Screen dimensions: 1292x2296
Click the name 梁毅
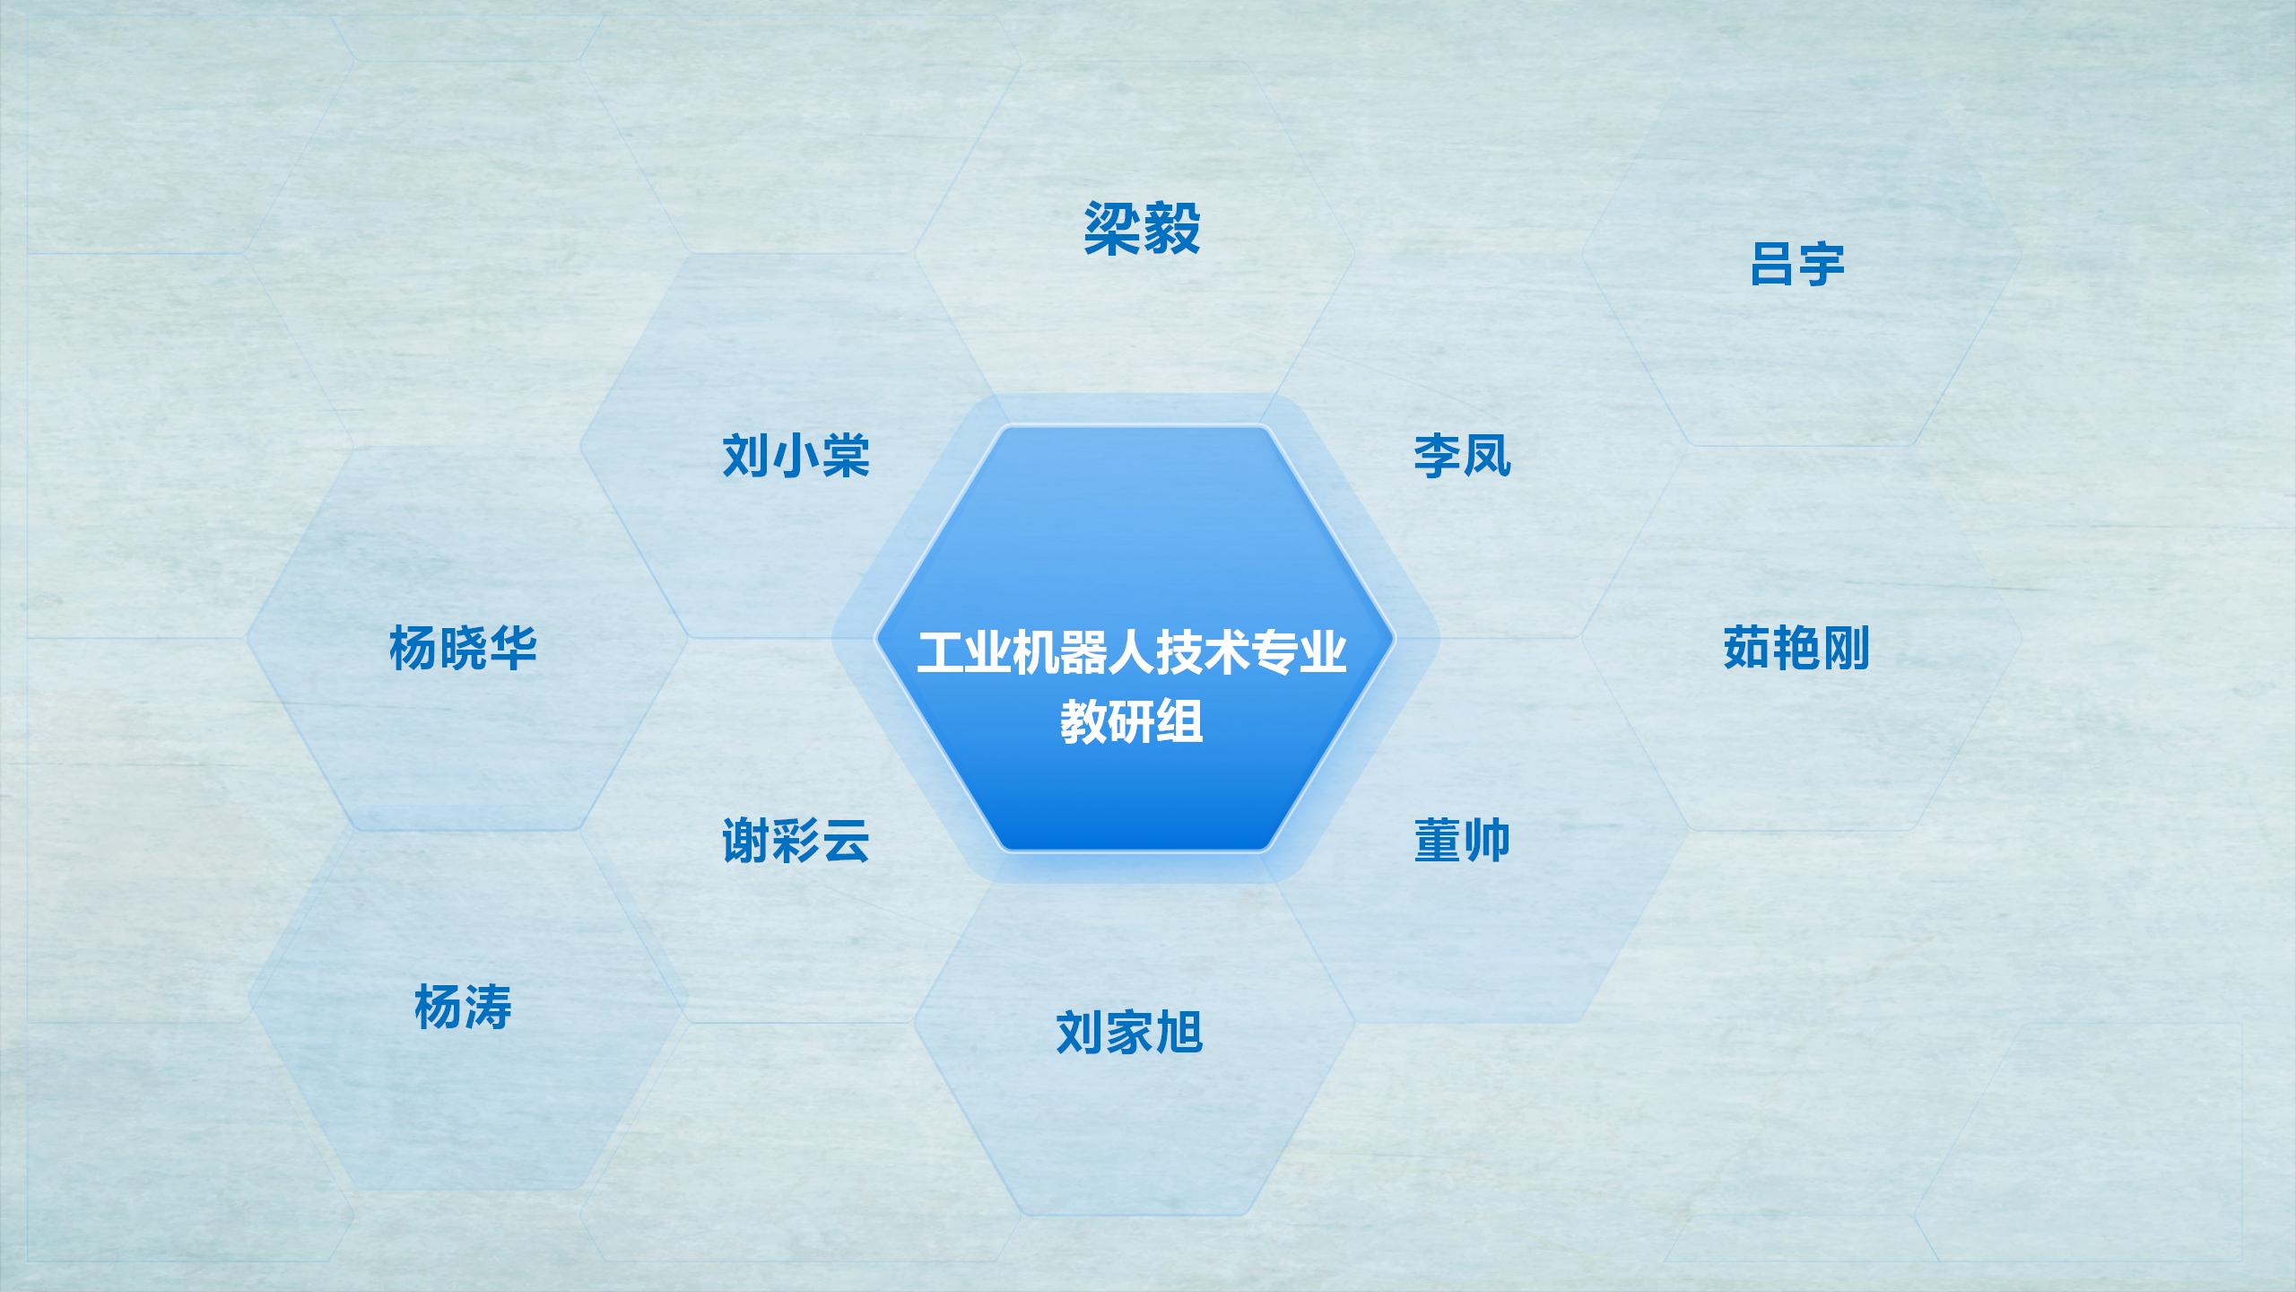[x=1142, y=229]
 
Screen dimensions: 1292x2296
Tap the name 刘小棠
[x=796, y=456]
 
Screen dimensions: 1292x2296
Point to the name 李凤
[x=1462, y=456]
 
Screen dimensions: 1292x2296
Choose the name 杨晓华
[x=463, y=648]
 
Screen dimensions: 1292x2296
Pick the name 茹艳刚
[x=1796, y=648]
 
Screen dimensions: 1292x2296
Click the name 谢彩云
[x=796, y=841]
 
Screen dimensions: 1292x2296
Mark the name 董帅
[x=1462, y=841]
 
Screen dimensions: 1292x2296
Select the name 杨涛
[x=463, y=1007]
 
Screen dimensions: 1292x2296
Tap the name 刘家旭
[x=1129, y=1033]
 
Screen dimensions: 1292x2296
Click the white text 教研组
[x=1131, y=720]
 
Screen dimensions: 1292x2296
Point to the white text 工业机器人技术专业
[x=1131, y=652]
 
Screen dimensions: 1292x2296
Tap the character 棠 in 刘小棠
[x=845, y=456]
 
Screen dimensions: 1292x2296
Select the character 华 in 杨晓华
[x=512, y=648]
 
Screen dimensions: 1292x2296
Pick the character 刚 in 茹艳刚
[x=1845, y=648]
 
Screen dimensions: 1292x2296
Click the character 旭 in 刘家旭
[x=1178, y=1033]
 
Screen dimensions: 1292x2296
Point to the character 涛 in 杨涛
[x=488, y=1007]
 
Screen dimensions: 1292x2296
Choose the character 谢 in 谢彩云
[x=746, y=841]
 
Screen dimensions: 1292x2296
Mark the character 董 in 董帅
[x=1438, y=841]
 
